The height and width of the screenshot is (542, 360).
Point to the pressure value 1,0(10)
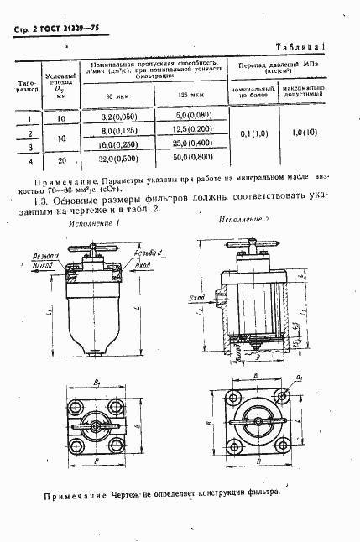click(x=309, y=132)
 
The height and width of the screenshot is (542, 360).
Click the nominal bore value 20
click(x=60, y=159)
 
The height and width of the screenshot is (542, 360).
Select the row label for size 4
click(x=30, y=159)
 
